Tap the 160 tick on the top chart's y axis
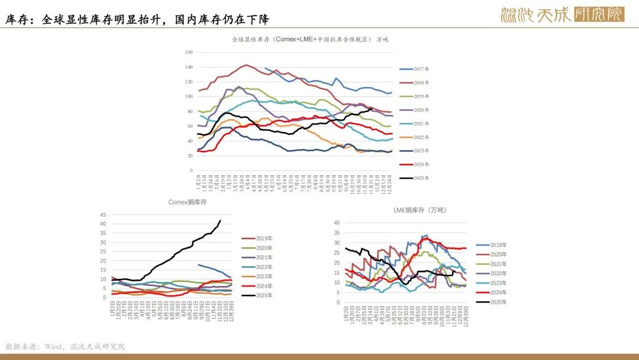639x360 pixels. click(189, 52)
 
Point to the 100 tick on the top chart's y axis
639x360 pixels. click(189, 97)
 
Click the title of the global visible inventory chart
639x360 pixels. click(310, 40)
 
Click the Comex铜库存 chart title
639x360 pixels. click(188, 202)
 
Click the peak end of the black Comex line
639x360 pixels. click(220, 221)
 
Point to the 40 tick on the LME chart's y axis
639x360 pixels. click(337, 223)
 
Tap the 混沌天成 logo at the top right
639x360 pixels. click(562, 14)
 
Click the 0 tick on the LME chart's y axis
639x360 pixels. click(338, 302)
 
